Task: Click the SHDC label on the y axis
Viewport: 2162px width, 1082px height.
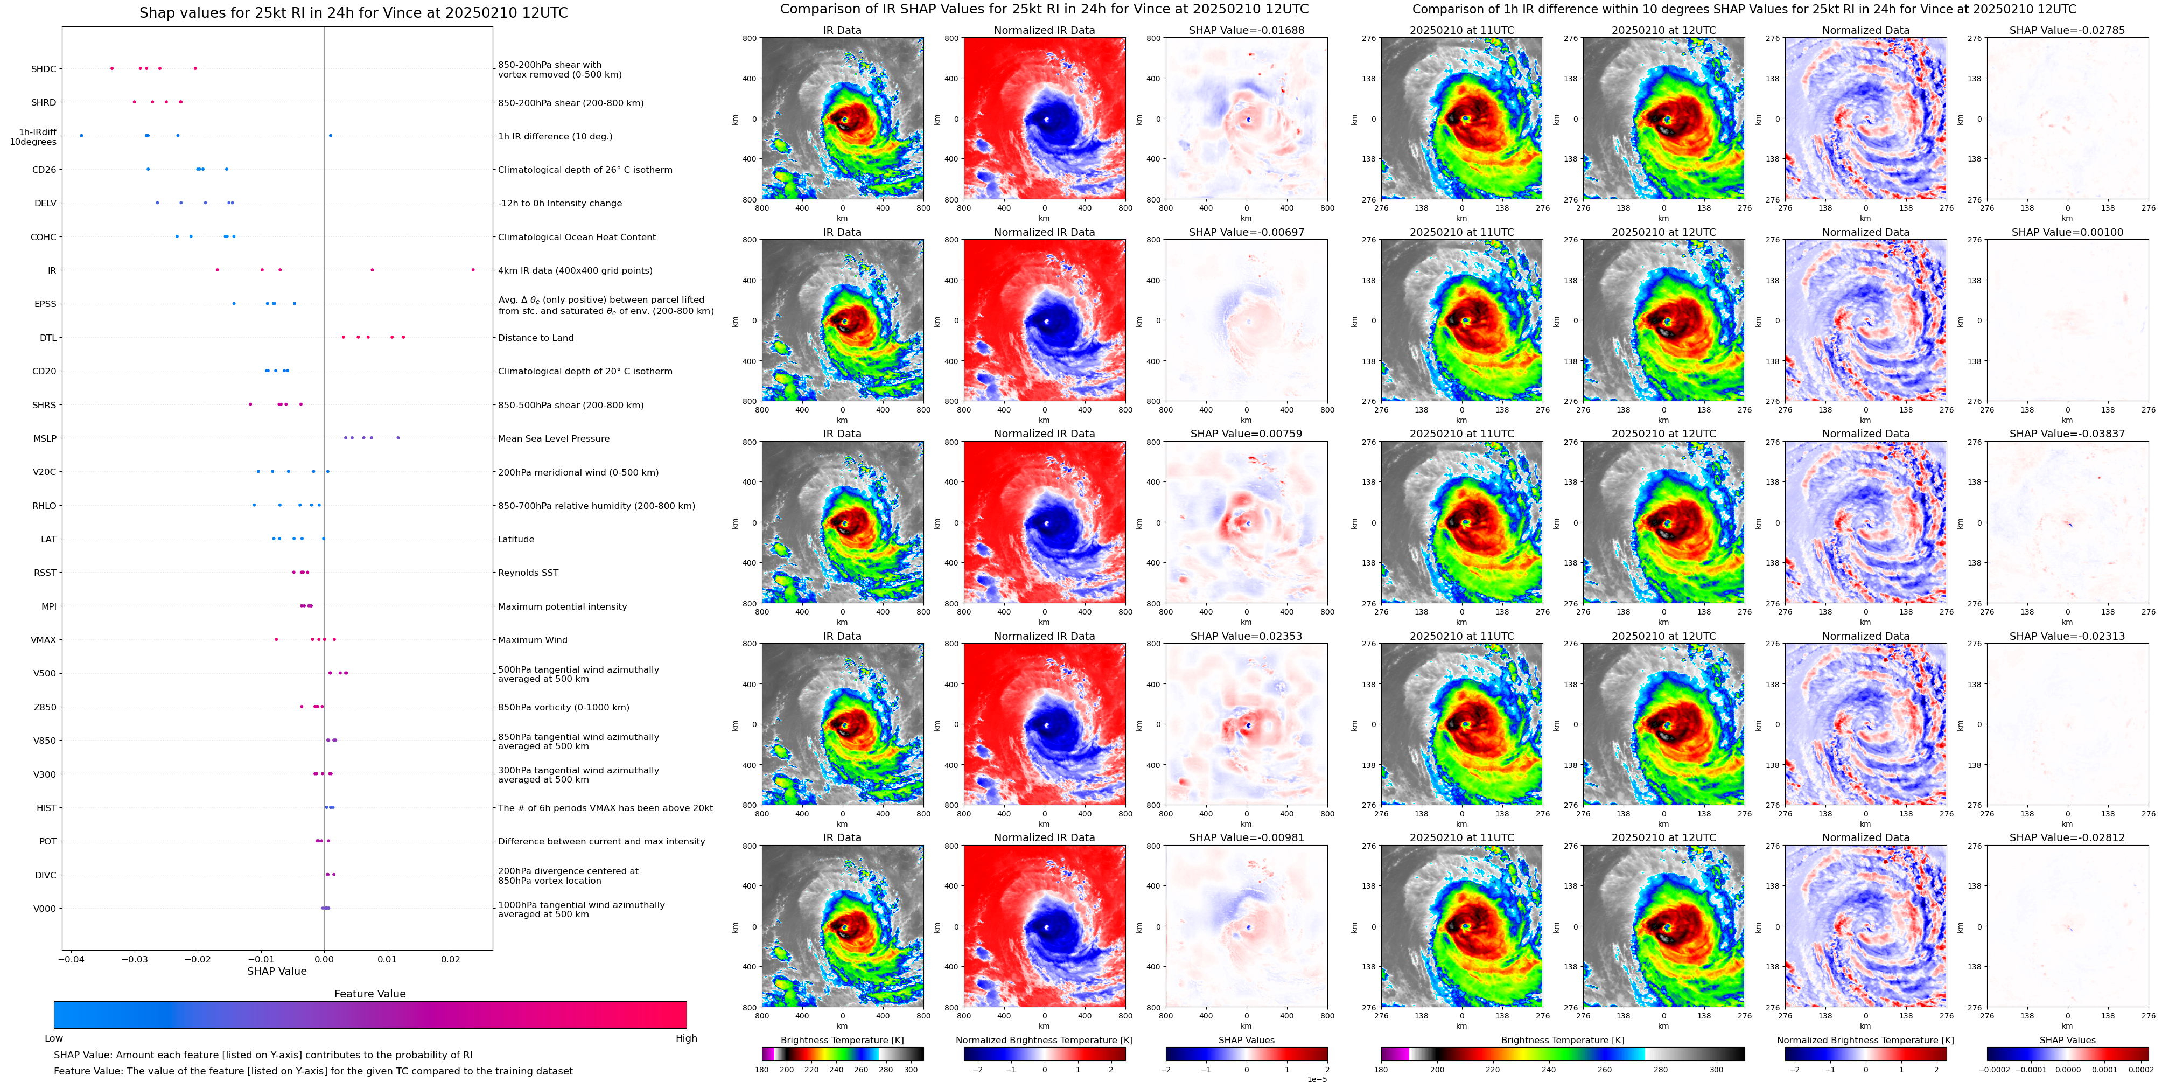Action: coord(44,69)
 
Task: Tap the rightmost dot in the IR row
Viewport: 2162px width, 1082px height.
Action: coord(473,270)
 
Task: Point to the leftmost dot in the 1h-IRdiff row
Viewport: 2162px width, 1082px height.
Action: coord(81,136)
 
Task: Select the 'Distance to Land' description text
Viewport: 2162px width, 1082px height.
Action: coord(535,338)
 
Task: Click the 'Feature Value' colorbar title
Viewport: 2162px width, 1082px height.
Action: coord(370,994)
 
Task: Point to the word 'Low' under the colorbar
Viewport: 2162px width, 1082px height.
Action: coord(54,1038)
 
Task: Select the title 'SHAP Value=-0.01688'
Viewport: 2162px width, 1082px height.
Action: coord(1247,30)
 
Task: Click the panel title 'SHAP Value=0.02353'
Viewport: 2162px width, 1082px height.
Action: coord(1247,636)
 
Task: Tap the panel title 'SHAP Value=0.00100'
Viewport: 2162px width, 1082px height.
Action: coord(2067,233)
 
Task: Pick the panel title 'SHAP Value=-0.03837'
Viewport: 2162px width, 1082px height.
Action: coord(2067,434)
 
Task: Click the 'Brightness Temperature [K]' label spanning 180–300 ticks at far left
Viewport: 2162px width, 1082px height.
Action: coord(842,1040)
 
